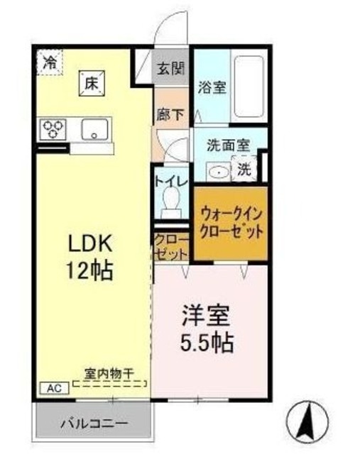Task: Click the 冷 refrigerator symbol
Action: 49,62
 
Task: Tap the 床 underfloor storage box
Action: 92,84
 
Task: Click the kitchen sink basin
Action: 94,130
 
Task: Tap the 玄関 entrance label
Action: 170,69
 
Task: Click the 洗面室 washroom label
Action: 227,145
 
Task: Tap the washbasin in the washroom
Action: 217,170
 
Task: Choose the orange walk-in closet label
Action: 231,222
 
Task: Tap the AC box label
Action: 53,387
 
